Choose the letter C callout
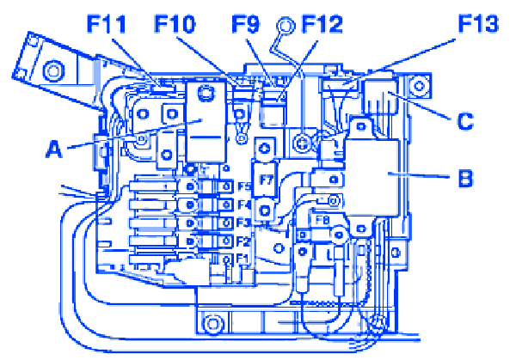pyautogui.click(x=465, y=121)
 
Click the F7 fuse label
pyautogui.click(x=267, y=181)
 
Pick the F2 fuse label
pyautogui.click(x=243, y=241)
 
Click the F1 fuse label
pyautogui.click(x=243, y=259)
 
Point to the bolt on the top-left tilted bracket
pyautogui.click(x=54, y=70)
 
